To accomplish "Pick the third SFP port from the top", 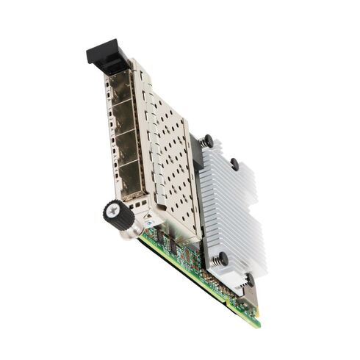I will (x=128, y=151).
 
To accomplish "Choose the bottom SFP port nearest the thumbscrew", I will (x=132, y=179).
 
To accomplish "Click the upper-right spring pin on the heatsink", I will (x=234, y=163).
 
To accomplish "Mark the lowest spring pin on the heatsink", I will (x=249, y=280).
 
